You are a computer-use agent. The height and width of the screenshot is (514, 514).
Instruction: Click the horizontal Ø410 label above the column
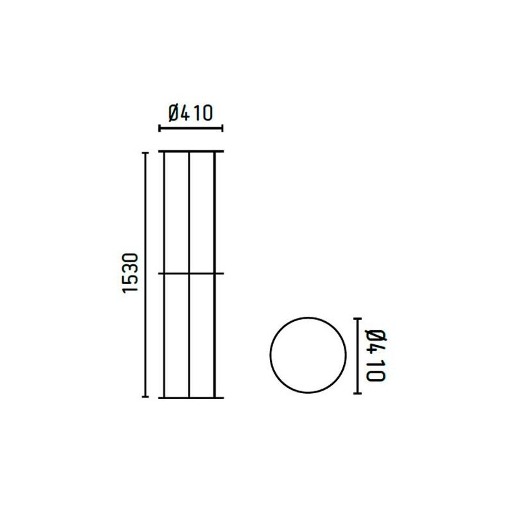[190, 113]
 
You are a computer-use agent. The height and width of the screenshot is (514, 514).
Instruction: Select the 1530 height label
[130, 272]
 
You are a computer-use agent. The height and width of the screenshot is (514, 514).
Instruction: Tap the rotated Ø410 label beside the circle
[375, 355]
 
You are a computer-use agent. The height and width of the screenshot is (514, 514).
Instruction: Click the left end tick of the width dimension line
[159, 128]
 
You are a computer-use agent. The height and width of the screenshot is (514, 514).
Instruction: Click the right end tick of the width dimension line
[222, 128]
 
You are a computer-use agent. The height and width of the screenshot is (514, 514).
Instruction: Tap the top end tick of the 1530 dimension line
[145, 153]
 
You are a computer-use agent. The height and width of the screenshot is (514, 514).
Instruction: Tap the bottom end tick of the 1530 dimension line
[145, 396]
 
